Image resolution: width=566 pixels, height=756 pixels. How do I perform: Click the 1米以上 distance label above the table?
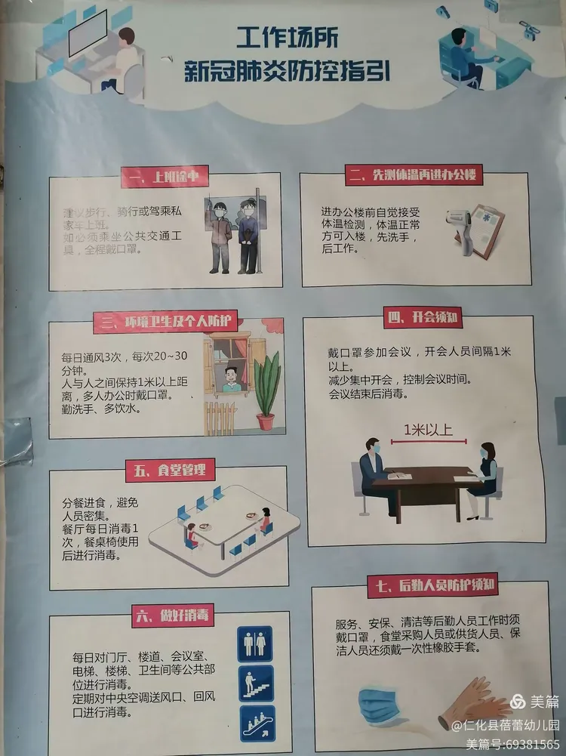tap(428, 430)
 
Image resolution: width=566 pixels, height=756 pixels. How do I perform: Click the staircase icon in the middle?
tap(256, 683)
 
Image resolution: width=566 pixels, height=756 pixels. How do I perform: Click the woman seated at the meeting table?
tap(482, 472)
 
